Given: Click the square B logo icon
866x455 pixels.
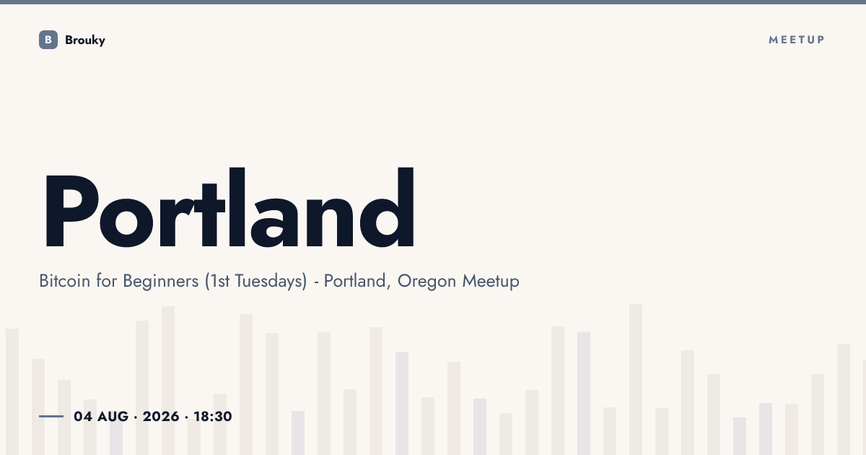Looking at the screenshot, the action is coord(48,40).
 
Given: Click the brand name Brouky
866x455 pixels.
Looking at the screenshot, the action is coord(85,40).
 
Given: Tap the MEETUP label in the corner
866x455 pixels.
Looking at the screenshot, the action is coord(797,40).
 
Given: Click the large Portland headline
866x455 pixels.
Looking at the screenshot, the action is coord(229,207).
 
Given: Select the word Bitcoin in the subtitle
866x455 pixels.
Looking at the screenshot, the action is coord(64,280).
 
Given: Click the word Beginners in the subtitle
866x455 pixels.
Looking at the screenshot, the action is coord(161,281).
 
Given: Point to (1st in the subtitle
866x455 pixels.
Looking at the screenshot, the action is coord(217,281).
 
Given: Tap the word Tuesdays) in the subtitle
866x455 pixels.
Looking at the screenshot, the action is coord(271,281).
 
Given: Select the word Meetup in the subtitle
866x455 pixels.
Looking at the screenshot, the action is coord(491,281).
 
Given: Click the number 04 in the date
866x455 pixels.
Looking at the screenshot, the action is coord(83,416).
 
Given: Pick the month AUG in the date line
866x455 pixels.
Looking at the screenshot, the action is coord(113,416).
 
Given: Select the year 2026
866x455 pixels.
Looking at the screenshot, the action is coord(161,416).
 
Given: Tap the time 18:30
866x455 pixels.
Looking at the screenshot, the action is coord(213,416).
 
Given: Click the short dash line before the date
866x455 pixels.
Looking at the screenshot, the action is coord(51,416).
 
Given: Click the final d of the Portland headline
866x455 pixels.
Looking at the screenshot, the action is coord(388,207).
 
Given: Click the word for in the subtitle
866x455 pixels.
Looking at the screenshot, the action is coord(106,280).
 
